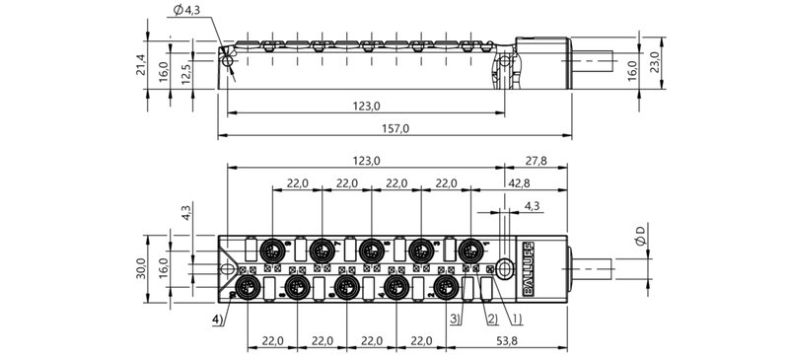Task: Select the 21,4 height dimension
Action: click(141, 64)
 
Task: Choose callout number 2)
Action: click(490, 318)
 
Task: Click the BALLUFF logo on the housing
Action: click(526, 265)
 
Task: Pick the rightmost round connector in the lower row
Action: click(447, 286)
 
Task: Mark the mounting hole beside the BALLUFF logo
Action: click(505, 266)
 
